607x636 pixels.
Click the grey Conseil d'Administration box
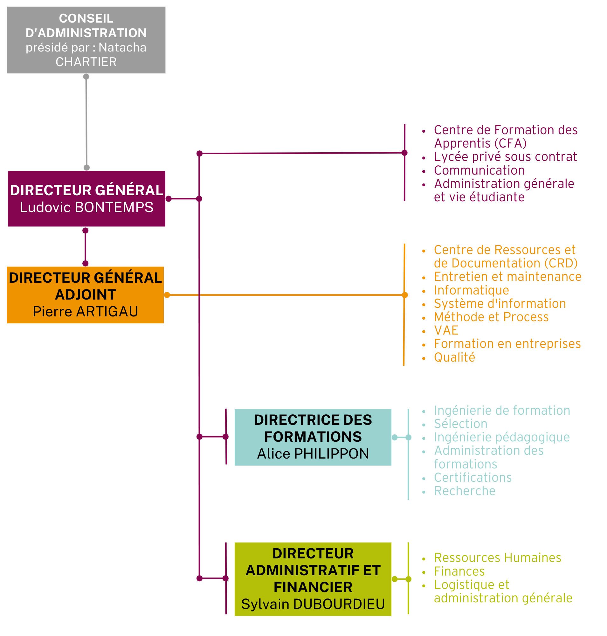(x=86, y=40)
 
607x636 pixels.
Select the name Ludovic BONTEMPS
(x=87, y=207)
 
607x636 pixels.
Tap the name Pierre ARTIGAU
(x=86, y=312)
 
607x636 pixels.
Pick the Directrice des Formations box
(x=313, y=437)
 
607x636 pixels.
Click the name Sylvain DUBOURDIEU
(x=313, y=604)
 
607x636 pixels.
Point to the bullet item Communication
(x=479, y=170)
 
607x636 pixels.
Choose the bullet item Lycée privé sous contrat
(x=505, y=157)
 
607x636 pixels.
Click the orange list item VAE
(x=446, y=330)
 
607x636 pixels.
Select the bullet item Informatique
(x=472, y=290)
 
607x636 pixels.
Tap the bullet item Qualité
(x=455, y=357)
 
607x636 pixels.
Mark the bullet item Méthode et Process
(x=492, y=317)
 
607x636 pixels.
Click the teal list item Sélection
(x=461, y=424)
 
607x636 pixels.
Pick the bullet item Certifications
(x=473, y=478)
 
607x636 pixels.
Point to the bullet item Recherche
(x=465, y=491)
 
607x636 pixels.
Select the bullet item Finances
(x=459, y=571)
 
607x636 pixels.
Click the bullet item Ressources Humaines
(x=498, y=558)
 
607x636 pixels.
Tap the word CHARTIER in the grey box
(x=86, y=62)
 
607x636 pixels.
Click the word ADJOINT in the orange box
(x=86, y=295)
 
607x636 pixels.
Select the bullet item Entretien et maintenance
(x=508, y=277)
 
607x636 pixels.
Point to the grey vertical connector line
(x=86, y=122)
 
